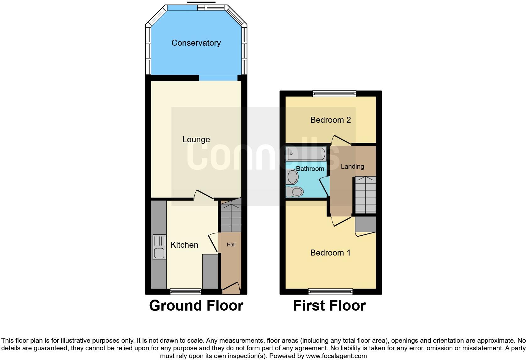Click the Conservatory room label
[x=196, y=43]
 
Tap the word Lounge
[x=196, y=139]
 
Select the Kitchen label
[x=184, y=245]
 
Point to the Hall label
[x=231, y=245]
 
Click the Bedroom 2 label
[x=330, y=120]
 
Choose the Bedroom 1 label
[x=330, y=253]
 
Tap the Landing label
[x=352, y=166]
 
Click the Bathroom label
[x=310, y=169]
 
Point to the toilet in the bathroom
[x=295, y=191]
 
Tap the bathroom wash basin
[x=292, y=177]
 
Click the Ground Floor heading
[x=196, y=306]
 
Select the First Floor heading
[x=329, y=306]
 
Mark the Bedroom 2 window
[x=334, y=93]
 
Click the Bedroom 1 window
[x=330, y=292]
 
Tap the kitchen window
[x=186, y=292]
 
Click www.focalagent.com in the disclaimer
[x=336, y=356]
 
